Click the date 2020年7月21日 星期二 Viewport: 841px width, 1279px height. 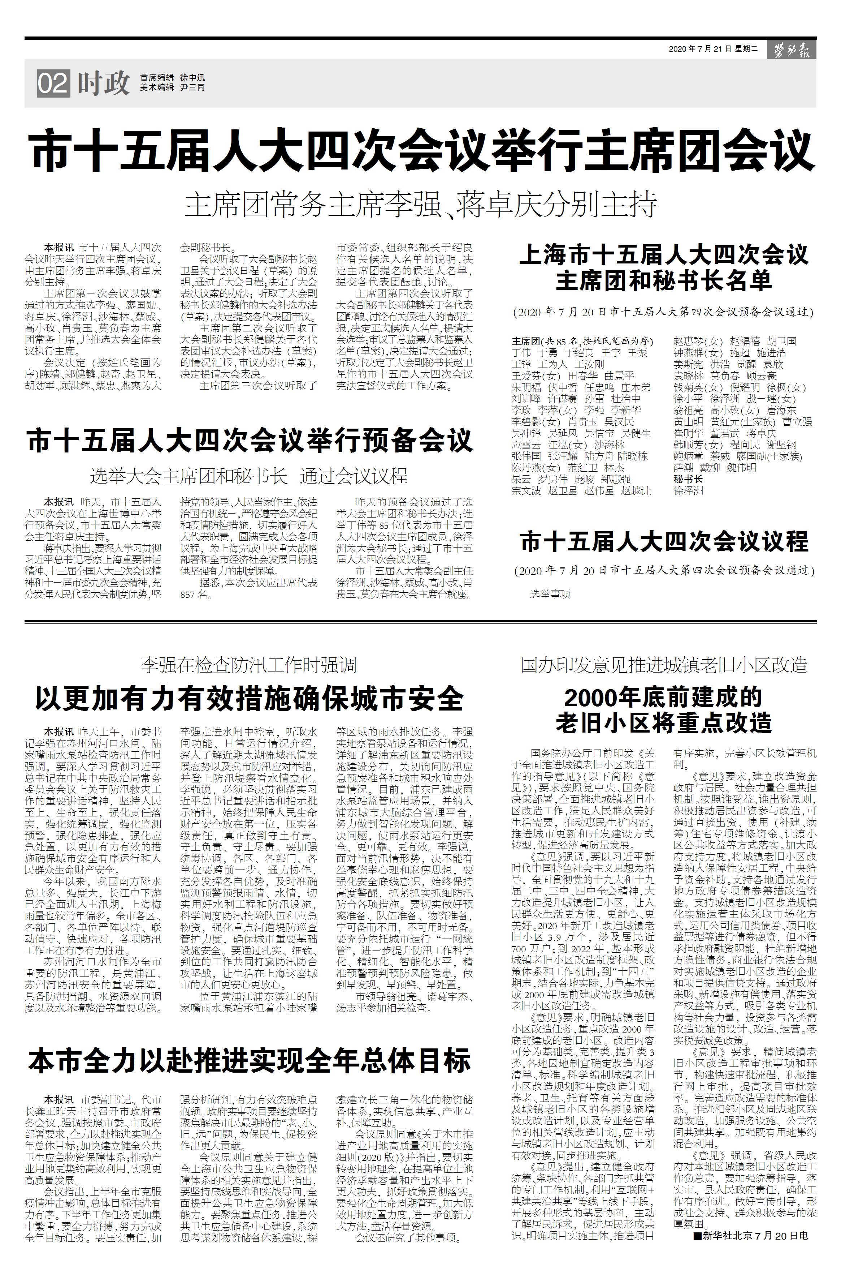click(x=713, y=49)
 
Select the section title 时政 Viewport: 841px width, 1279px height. click(x=104, y=83)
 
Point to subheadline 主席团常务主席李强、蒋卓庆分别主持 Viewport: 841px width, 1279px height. click(x=420, y=205)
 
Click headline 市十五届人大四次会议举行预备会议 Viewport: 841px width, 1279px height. click(x=250, y=440)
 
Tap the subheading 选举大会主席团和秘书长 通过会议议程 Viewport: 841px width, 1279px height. click(x=249, y=476)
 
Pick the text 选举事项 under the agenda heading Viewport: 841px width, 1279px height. click(x=550, y=594)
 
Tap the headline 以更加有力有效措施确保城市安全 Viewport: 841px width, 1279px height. click(x=249, y=699)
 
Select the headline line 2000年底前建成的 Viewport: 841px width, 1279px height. click(x=664, y=697)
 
